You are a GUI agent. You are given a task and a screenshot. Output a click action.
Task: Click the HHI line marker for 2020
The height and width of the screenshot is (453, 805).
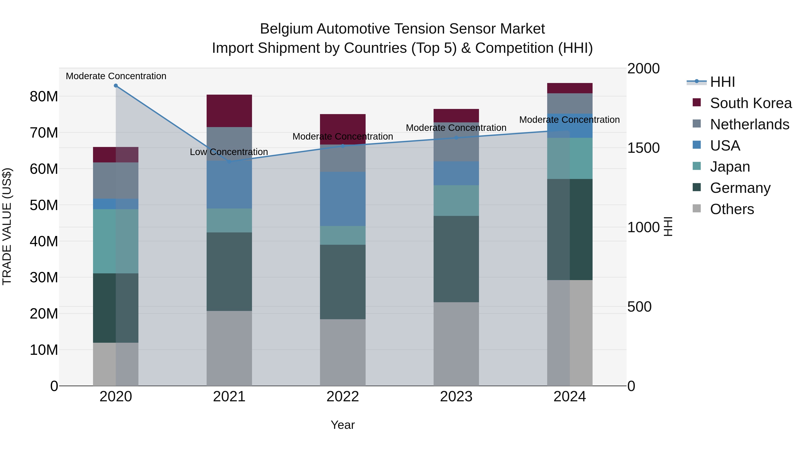tap(116, 86)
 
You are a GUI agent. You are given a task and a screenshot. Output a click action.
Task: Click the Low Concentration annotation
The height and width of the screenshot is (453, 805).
tap(229, 152)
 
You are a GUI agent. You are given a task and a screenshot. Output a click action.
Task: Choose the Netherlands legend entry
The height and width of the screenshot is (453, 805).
tap(749, 124)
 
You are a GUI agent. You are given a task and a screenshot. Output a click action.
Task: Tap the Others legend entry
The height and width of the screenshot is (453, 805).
tap(732, 209)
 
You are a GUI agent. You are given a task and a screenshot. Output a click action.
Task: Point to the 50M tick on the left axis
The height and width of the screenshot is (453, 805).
tap(44, 205)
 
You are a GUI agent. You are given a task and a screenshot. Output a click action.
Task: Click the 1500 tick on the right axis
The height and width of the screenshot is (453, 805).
tap(643, 148)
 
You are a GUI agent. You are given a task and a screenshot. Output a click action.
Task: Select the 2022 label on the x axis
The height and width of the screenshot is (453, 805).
tap(343, 397)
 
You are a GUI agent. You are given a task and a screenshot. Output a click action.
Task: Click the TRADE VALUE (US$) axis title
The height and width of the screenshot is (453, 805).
tap(7, 226)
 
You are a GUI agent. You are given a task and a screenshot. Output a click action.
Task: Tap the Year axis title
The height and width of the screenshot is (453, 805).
tap(343, 425)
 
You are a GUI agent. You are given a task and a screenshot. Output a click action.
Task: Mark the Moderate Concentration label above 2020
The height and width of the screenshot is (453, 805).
tap(116, 76)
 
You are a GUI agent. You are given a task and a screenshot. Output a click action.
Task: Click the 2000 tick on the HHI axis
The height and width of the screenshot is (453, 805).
tap(643, 68)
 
